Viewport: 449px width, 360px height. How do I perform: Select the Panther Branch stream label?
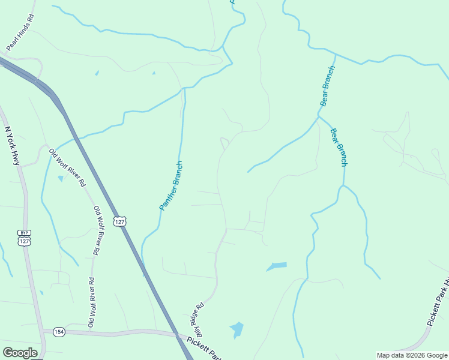pyautogui.click(x=170, y=185)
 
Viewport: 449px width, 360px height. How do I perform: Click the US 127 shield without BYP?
pyautogui.click(x=121, y=222)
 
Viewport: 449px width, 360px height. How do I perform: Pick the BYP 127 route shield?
pyautogui.click(x=24, y=237)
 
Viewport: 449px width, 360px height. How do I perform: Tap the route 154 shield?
pyautogui.click(x=59, y=331)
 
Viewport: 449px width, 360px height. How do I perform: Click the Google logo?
pyautogui.click(x=20, y=352)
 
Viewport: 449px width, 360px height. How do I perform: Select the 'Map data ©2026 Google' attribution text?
pyautogui.click(x=412, y=355)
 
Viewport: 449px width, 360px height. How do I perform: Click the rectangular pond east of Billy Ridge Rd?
pyautogui.click(x=278, y=265)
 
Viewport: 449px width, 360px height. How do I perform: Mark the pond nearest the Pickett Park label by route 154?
pyautogui.click(x=237, y=329)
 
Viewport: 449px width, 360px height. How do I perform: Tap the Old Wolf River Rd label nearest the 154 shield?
pyautogui.click(x=91, y=302)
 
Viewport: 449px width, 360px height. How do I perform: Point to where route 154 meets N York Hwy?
pyautogui.click(x=43, y=330)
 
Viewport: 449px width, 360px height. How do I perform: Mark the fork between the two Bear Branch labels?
pyautogui.click(x=319, y=116)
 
